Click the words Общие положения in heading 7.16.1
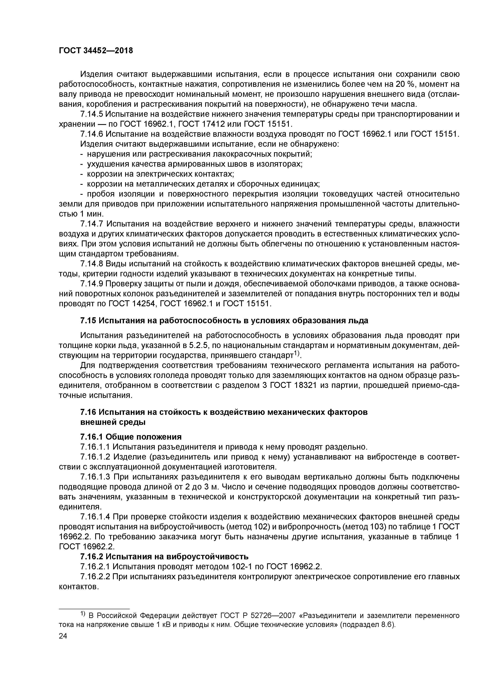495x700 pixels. pyautogui.click(x=142, y=437)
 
